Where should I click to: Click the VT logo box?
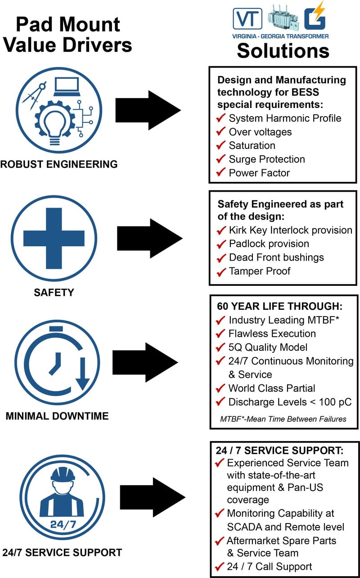pos(247,18)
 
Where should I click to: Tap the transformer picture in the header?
pos(280,18)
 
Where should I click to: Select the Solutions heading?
pos(283,50)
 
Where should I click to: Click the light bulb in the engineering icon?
pos(55,125)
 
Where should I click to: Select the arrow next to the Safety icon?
pos(150,238)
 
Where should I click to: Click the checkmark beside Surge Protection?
pos(220,159)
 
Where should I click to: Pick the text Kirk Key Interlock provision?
pos(290,230)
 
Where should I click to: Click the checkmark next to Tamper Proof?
pos(220,271)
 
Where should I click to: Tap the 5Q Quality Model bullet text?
pos(268,347)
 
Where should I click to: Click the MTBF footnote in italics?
pos(283,419)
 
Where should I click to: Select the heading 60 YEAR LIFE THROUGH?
pos(279,307)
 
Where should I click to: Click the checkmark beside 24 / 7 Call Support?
pos(220,566)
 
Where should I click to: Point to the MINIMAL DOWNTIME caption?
pos(57,415)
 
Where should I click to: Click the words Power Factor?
pos(259,172)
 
